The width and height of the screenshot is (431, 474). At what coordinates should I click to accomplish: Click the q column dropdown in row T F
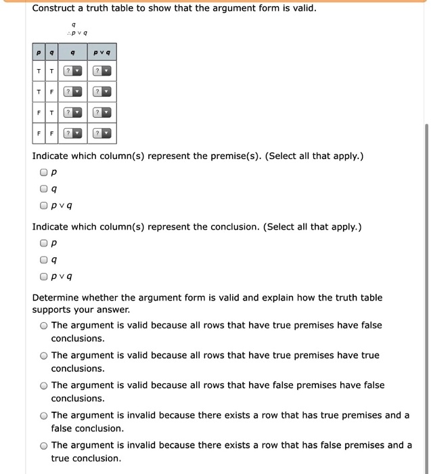(72, 92)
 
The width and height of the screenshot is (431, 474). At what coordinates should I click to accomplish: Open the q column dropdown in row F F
(72, 133)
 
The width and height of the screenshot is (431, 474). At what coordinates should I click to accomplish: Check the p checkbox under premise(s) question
(44, 172)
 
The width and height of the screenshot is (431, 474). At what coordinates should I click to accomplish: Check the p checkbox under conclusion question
(44, 242)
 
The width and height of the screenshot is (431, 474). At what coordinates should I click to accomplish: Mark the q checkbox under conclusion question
(44, 259)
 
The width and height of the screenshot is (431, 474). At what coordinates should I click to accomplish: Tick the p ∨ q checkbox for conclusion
(44, 276)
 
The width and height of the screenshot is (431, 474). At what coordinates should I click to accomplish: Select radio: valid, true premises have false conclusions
(43, 326)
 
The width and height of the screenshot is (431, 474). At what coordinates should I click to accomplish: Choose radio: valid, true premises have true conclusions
(43, 355)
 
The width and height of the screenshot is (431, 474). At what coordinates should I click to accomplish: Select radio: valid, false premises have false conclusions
(43, 385)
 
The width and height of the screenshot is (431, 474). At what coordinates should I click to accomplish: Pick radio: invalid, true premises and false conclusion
(43, 416)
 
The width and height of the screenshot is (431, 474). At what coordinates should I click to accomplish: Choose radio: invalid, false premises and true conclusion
(43, 446)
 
